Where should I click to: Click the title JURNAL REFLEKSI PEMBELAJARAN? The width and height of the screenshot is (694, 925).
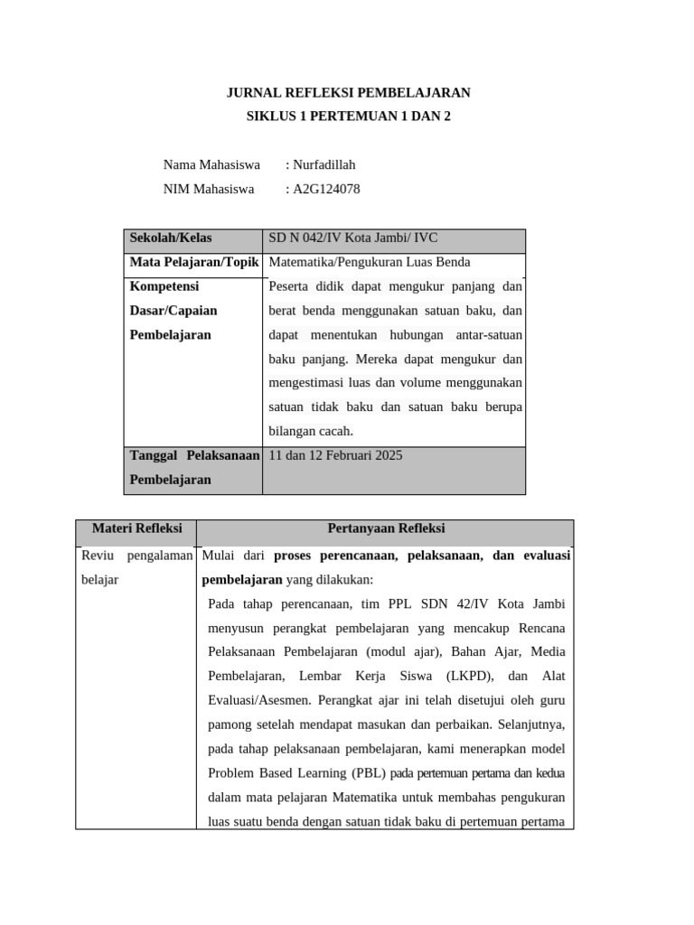pyautogui.click(x=348, y=93)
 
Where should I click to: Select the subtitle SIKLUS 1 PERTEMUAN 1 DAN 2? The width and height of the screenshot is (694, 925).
pyautogui.click(x=348, y=117)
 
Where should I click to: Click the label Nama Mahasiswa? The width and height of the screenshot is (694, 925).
pyautogui.click(x=211, y=164)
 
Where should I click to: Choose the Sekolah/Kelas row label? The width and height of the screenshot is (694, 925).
pyautogui.click(x=171, y=238)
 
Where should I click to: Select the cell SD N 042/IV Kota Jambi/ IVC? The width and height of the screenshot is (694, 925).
pyautogui.click(x=352, y=238)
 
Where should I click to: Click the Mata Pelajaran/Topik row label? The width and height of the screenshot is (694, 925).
pyautogui.click(x=194, y=262)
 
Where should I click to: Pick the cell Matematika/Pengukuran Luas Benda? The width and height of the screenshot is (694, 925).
pyautogui.click(x=370, y=262)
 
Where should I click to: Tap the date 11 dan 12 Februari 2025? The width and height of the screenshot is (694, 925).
pyautogui.click(x=335, y=455)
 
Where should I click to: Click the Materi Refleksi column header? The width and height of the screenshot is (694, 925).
pyautogui.click(x=137, y=528)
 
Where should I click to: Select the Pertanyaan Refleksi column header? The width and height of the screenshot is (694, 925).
pyautogui.click(x=385, y=528)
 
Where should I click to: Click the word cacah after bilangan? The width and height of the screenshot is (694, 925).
pyautogui.click(x=335, y=431)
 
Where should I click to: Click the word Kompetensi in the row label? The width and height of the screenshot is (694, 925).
pyautogui.click(x=164, y=286)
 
